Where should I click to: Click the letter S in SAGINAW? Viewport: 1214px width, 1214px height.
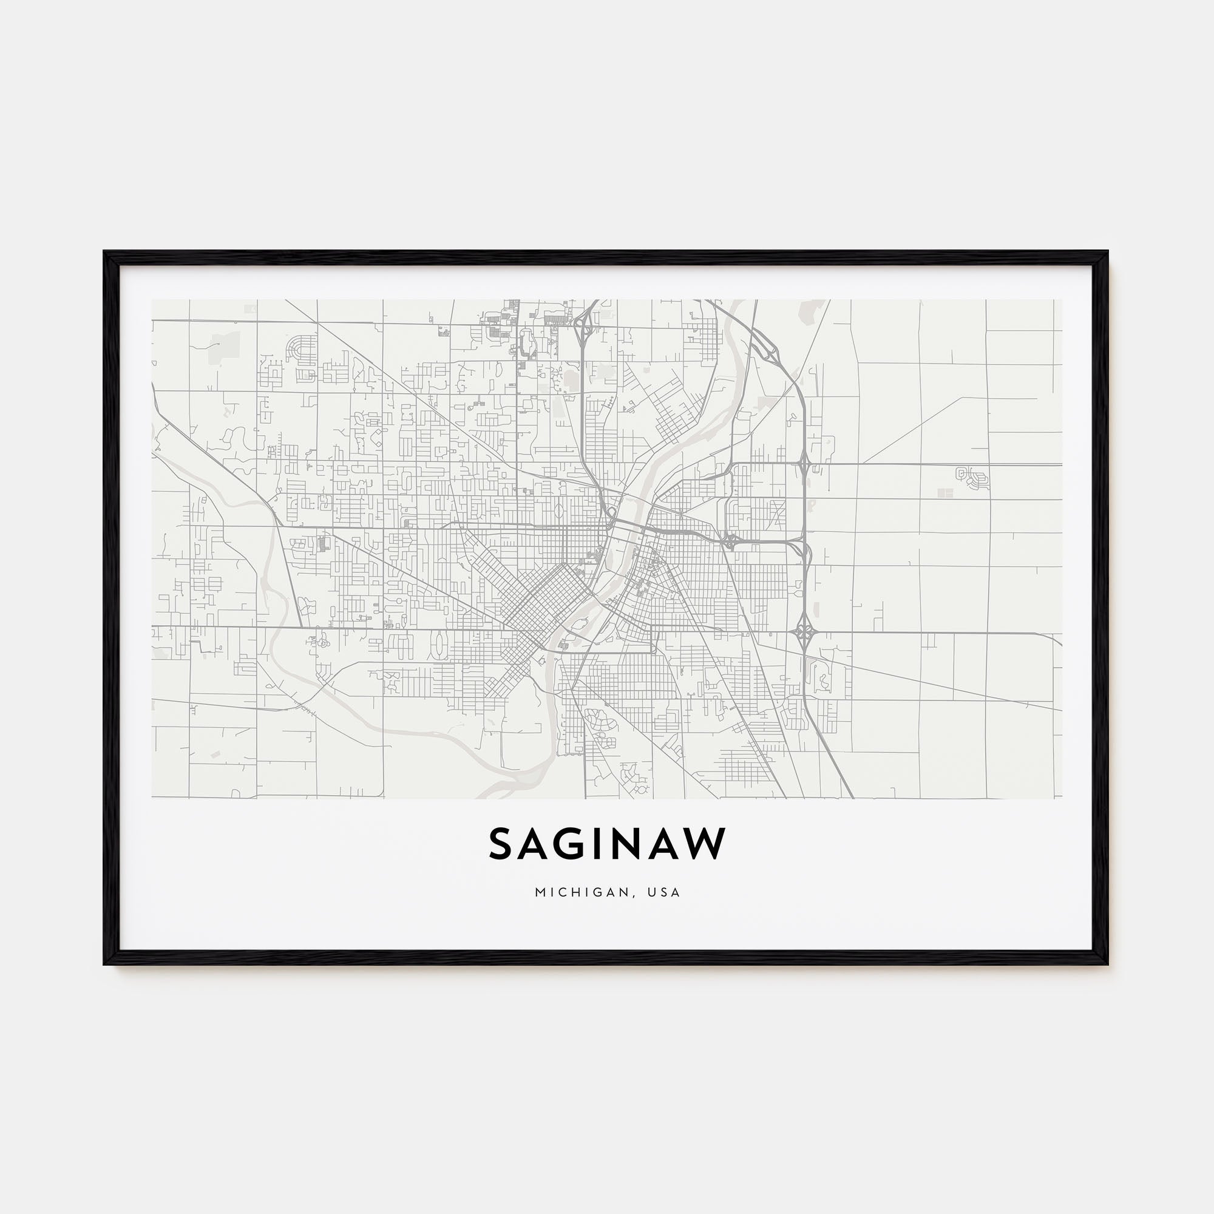pyautogui.click(x=503, y=843)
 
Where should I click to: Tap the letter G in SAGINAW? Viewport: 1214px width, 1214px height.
pyautogui.click(x=573, y=843)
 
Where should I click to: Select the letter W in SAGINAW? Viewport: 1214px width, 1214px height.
pyautogui.click(x=704, y=843)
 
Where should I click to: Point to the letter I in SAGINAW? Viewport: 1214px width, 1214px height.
pyautogui.click(x=602, y=843)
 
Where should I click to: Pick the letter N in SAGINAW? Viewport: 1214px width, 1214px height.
pyautogui.click(x=631, y=843)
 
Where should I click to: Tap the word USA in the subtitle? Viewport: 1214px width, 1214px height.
pyautogui.click(x=666, y=892)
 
